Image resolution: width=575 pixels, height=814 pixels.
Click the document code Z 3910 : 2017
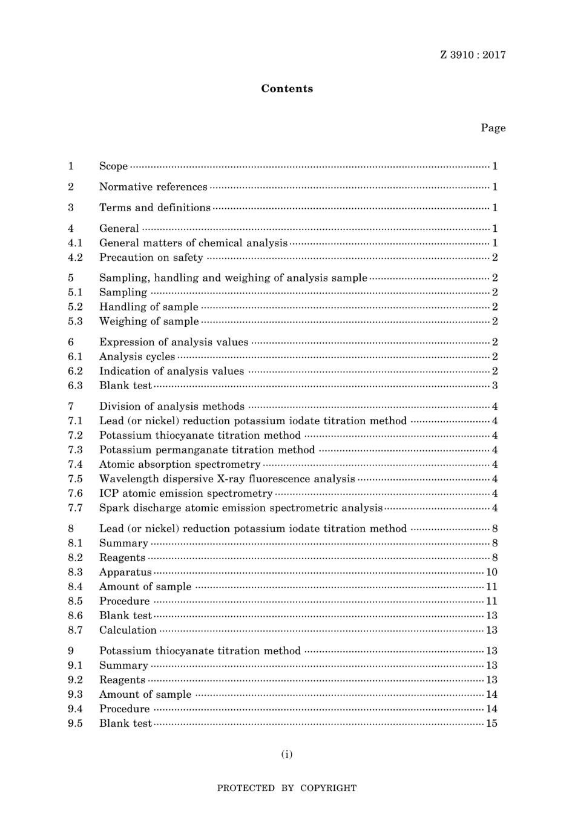tap(473, 55)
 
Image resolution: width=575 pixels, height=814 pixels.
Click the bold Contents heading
tap(287, 88)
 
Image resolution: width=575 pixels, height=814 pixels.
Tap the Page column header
tap(493, 128)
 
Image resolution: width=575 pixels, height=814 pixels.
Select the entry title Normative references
tap(153, 187)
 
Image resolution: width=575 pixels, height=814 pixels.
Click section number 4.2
tap(75, 257)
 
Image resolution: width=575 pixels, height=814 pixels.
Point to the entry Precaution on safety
tap(151, 257)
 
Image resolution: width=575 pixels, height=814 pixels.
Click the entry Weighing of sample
tap(149, 321)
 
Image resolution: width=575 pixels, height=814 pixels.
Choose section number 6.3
tap(75, 386)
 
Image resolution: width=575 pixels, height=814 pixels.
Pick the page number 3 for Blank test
tap(494, 386)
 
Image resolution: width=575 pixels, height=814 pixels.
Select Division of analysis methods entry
tap(172, 406)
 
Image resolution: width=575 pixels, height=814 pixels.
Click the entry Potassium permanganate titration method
tap(207, 450)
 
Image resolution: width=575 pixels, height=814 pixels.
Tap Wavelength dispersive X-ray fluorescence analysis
tap(227, 479)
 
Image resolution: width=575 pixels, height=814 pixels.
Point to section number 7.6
tap(75, 493)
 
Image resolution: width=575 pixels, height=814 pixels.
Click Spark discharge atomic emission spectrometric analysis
tap(241, 508)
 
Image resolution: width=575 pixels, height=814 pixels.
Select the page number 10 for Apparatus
tap(491, 572)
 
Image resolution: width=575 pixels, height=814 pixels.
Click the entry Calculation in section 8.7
tap(128, 630)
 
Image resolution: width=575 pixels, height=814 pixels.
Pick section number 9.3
tap(75, 694)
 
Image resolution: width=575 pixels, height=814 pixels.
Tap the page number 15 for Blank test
tap(491, 723)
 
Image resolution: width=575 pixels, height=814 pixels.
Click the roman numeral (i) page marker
tap(287, 754)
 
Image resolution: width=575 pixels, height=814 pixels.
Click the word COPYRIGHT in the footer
tap(328, 788)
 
